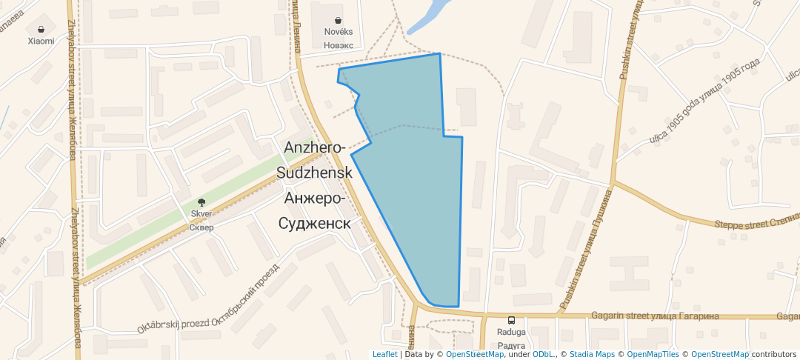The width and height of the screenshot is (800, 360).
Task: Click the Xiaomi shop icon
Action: (41, 29)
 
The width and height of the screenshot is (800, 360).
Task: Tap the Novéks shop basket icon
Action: (339, 21)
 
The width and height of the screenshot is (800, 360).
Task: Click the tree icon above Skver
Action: (201, 202)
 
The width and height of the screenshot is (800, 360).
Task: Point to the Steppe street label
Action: (756, 223)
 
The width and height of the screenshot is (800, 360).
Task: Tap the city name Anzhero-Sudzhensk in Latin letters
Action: (314, 160)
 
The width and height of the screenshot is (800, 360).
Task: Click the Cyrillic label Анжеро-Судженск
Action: (314, 211)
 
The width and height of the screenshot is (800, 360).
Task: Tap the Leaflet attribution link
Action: (384, 354)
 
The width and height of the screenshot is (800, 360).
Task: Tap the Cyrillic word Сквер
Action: (201, 227)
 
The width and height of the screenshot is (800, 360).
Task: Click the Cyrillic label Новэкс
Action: (339, 44)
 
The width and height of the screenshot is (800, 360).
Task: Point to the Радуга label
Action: (511, 346)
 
